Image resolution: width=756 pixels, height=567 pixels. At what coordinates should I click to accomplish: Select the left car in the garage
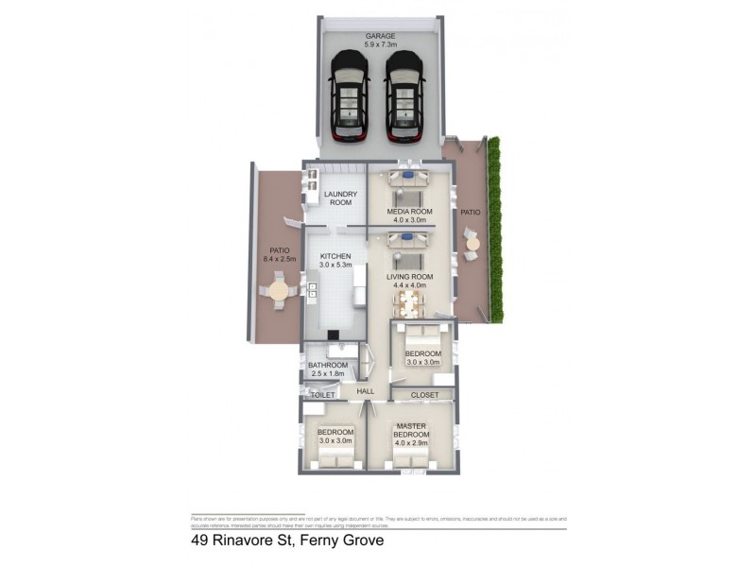(348, 94)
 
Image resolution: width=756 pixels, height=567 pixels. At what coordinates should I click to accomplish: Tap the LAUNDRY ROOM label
(338, 198)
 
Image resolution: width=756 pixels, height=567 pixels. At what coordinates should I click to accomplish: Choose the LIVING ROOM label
(409, 282)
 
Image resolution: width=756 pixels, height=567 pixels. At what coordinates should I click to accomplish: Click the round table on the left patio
(279, 290)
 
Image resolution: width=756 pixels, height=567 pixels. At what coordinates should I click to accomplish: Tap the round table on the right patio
(472, 244)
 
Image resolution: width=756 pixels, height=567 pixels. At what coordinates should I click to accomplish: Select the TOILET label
(323, 395)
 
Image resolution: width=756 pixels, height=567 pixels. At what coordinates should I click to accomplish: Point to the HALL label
(366, 389)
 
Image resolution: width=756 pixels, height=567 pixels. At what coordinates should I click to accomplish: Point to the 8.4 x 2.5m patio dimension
(279, 258)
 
